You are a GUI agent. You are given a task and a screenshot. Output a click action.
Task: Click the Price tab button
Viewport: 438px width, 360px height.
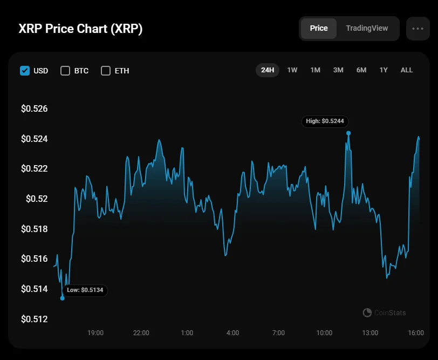[318, 28]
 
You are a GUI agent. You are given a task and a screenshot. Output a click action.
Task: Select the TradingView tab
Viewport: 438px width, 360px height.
[367, 28]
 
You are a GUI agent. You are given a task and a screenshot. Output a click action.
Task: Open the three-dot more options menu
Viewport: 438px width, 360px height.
[418, 29]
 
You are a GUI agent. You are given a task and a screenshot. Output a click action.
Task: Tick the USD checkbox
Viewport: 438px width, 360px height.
[25, 71]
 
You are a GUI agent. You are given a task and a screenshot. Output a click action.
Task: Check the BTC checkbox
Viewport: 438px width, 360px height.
[65, 71]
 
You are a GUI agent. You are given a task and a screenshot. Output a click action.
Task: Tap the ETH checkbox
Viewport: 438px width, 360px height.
[106, 71]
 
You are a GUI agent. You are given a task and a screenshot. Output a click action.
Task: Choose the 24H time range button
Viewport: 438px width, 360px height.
[268, 70]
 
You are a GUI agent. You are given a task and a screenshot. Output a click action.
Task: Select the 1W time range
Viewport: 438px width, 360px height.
[292, 70]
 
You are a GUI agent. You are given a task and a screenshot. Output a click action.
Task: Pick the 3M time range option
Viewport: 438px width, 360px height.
[338, 70]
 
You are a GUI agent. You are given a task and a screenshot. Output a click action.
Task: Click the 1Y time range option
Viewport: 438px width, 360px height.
[384, 70]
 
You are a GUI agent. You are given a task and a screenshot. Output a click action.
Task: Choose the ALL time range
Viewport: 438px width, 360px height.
[407, 70]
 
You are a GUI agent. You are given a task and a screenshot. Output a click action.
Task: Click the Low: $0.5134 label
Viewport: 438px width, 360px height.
[85, 290]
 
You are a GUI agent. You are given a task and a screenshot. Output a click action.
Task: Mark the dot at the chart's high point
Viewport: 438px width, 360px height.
[348, 133]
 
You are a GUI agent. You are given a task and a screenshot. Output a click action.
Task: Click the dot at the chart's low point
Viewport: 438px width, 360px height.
[63, 298]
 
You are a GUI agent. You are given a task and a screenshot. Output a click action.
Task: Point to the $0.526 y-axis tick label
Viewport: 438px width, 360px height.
[35, 108]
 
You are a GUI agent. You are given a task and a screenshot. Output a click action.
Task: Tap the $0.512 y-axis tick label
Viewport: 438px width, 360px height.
[35, 319]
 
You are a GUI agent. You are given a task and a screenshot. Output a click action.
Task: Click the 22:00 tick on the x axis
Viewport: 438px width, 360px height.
[141, 333]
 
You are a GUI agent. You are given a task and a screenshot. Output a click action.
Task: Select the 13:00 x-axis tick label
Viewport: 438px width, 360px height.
[370, 333]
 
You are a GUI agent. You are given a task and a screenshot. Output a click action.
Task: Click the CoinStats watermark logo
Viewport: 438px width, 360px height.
[367, 313]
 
